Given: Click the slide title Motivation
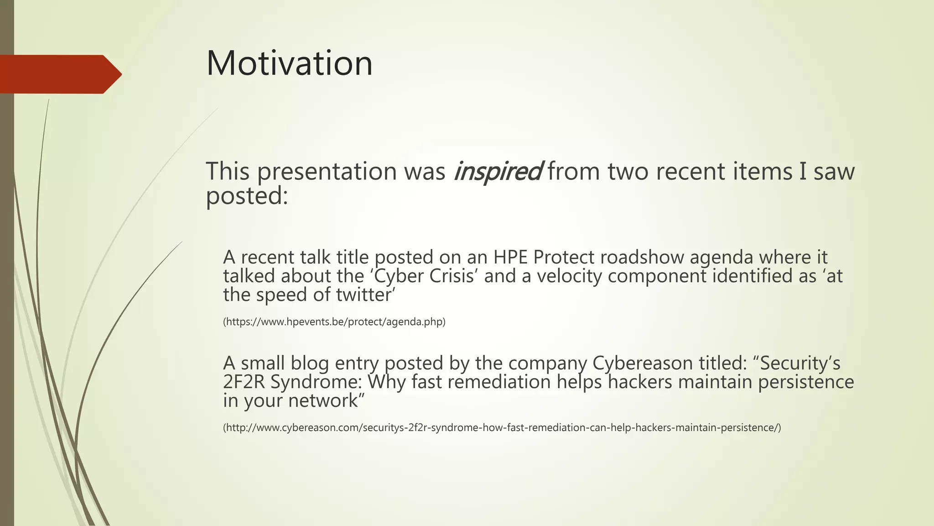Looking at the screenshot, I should [x=289, y=63].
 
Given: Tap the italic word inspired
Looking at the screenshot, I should [x=497, y=172].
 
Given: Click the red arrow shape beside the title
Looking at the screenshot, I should [x=59, y=74].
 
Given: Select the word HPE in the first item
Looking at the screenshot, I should [x=510, y=258].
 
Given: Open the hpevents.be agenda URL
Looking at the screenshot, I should [x=334, y=322].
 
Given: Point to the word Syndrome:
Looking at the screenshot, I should [x=319, y=382].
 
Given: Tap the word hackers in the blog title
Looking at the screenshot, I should [x=640, y=382].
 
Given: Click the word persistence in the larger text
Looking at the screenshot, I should [x=806, y=382].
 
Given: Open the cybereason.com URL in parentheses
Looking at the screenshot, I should [x=502, y=428].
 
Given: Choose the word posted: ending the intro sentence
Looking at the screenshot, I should [x=247, y=196].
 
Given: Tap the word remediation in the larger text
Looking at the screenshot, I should [x=499, y=382].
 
